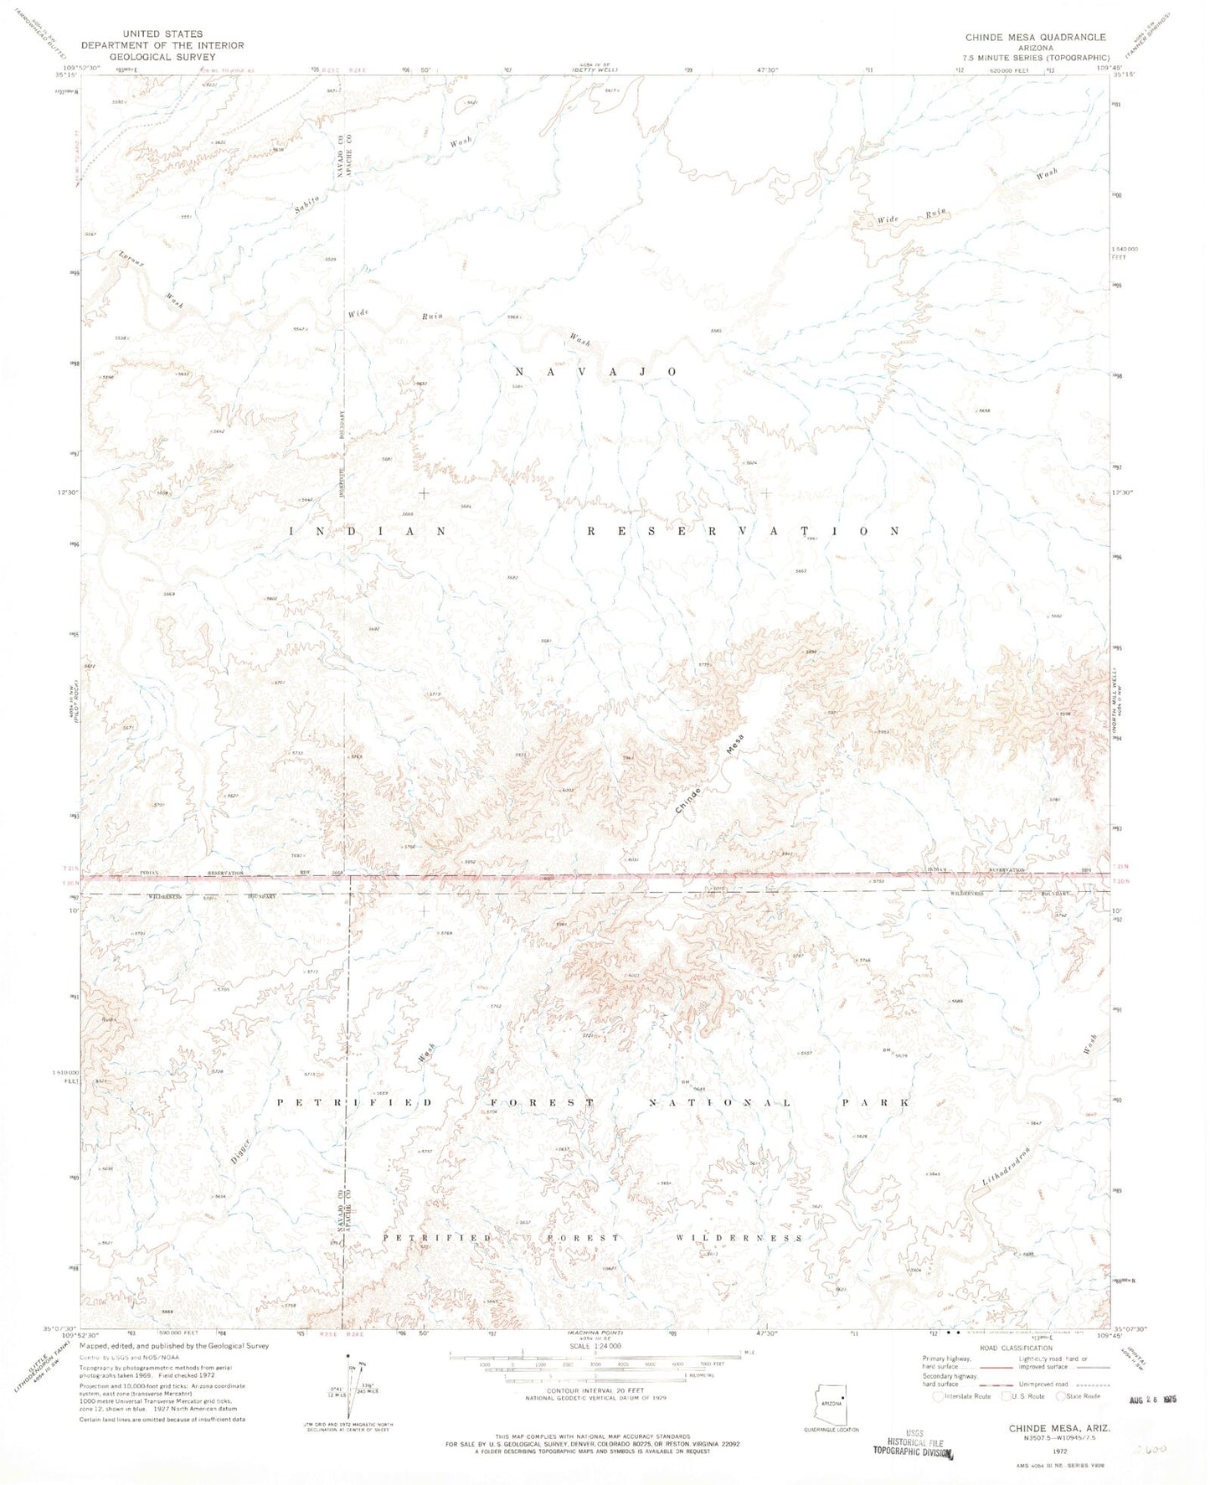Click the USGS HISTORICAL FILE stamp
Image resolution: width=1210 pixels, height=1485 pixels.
914,1444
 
